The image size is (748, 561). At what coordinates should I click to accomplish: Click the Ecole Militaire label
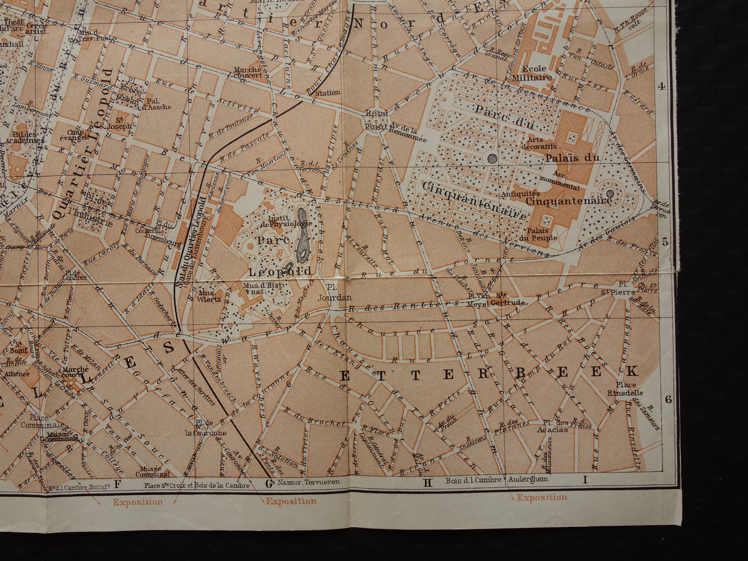537,73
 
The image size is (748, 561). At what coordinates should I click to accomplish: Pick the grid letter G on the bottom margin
269,483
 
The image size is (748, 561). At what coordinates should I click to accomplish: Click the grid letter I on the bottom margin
585,480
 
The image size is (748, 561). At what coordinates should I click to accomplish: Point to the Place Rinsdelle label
627,388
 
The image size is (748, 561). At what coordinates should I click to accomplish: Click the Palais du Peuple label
542,234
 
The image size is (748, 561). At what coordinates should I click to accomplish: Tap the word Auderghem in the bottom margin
529,480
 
